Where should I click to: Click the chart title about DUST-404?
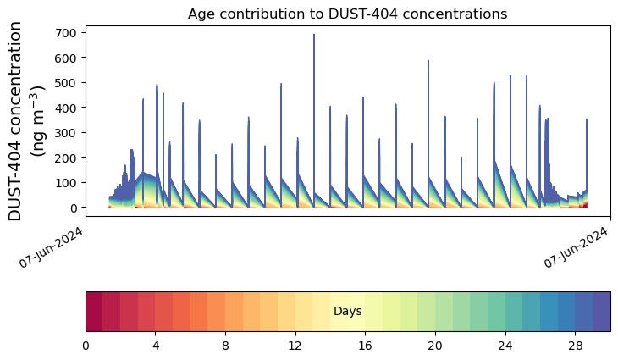(347, 14)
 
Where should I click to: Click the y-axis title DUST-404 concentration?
(26, 121)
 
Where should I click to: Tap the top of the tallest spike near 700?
(314, 35)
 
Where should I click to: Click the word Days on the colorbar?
(347, 312)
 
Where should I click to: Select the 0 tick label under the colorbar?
(86, 346)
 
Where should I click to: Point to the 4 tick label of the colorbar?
(156, 346)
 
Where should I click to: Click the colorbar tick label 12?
(295, 346)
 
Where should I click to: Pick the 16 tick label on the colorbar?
(366, 346)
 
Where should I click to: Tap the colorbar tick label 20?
(435, 346)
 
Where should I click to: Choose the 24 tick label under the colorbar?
(505, 346)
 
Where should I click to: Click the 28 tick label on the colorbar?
(576, 346)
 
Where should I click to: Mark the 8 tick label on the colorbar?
(226, 346)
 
